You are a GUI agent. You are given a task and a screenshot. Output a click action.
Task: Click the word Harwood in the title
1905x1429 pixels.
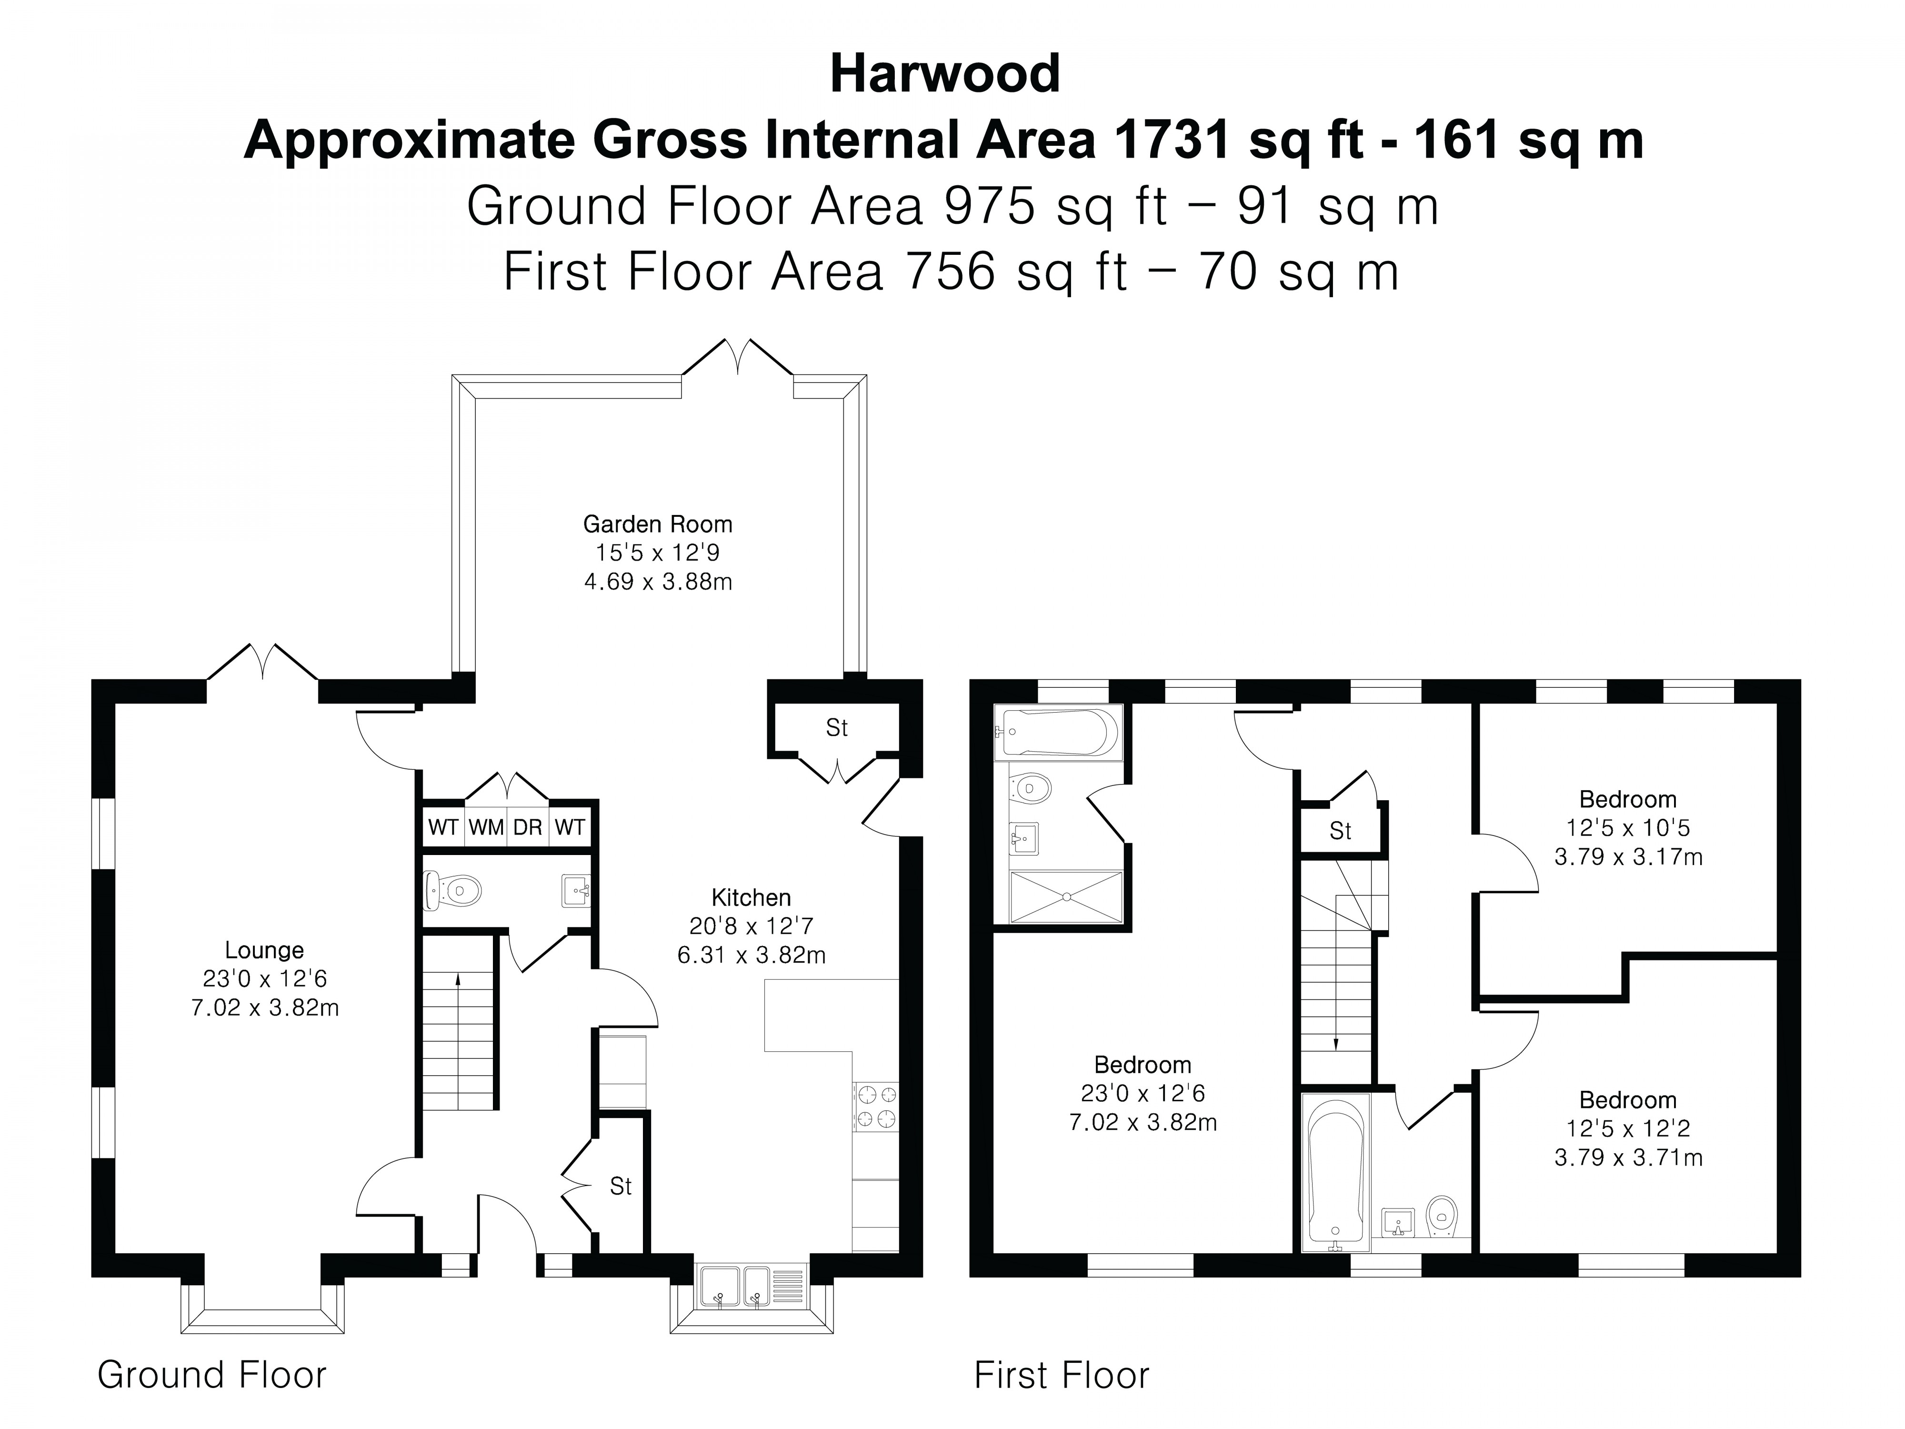pos(945,74)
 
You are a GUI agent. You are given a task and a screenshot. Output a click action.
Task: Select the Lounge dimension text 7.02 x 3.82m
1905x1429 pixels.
pos(264,1008)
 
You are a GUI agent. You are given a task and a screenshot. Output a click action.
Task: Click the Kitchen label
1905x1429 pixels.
pos(751,897)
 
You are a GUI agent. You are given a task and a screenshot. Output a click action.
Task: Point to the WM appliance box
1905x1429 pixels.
pos(486,828)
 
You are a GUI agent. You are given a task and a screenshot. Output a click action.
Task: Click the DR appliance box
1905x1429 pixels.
pos(527,828)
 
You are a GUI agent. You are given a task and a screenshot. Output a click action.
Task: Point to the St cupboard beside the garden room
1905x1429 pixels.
pos(836,729)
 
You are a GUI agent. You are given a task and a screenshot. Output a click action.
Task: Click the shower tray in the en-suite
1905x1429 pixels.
pos(1066,896)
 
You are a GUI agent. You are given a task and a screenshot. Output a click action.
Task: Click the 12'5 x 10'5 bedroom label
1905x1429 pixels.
pos(1628,828)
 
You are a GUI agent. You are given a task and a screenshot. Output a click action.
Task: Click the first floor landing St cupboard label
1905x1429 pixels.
pos(1340,831)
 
